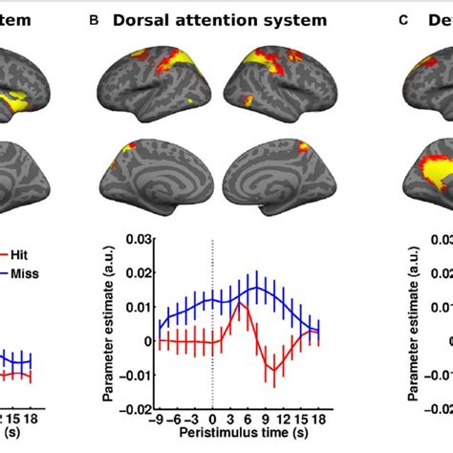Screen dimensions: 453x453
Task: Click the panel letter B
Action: click(92, 20)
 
